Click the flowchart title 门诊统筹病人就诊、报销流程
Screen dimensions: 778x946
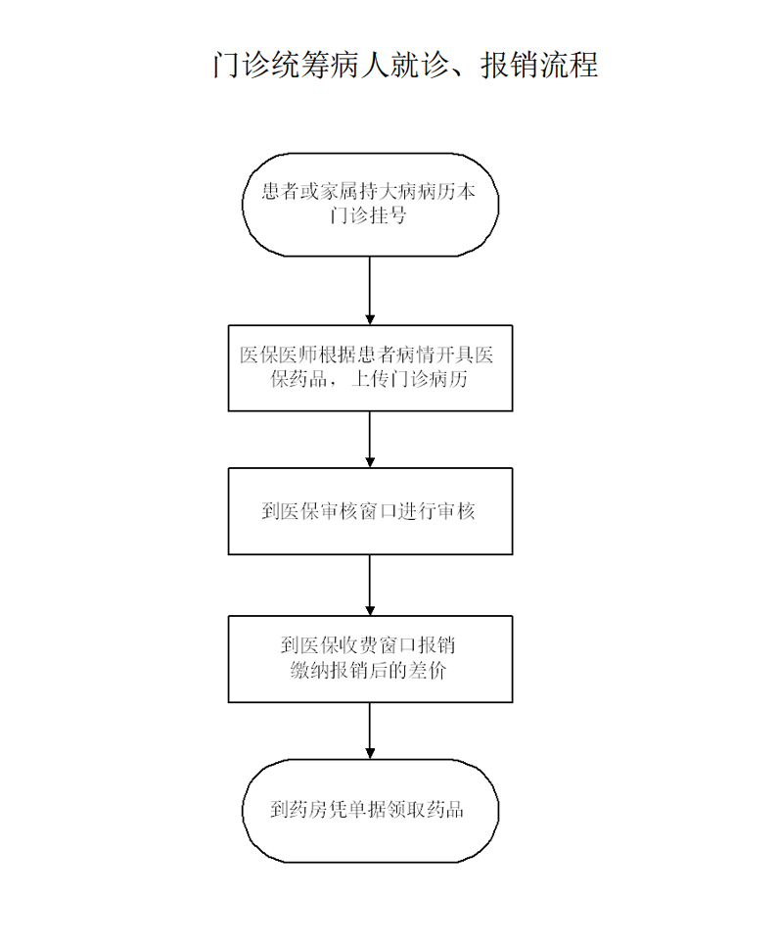(x=405, y=64)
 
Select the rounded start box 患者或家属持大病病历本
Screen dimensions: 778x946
(x=370, y=205)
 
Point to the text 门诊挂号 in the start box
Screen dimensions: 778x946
(x=368, y=214)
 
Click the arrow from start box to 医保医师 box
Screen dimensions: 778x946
(x=370, y=291)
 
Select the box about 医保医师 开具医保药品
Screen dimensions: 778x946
(x=370, y=368)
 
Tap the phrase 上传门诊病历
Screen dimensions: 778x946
(x=409, y=379)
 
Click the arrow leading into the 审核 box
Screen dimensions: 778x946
(x=370, y=439)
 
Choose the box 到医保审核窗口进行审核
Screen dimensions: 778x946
(x=370, y=511)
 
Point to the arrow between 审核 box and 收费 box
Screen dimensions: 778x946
(x=370, y=586)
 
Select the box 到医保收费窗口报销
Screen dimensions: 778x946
(x=370, y=659)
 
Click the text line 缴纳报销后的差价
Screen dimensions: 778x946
(x=368, y=670)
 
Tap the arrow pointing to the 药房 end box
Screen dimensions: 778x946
(x=370, y=731)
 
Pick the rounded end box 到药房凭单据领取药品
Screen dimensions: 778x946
(x=370, y=810)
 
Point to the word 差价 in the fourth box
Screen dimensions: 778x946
(x=427, y=670)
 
